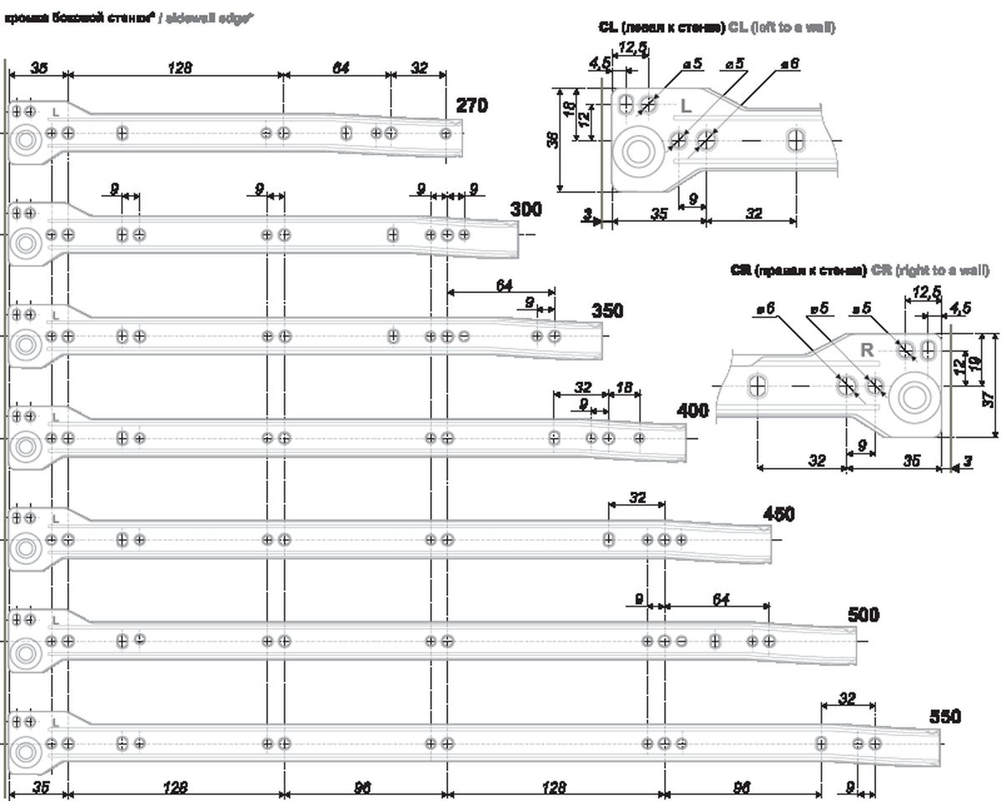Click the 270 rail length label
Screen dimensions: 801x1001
tap(472, 106)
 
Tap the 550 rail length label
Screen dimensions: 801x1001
tap(945, 717)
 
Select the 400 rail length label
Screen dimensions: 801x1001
tap(693, 411)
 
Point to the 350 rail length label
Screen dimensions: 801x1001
tap(607, 310)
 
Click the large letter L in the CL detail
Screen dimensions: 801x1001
tap(687, 107)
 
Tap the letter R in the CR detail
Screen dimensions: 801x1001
tap(868, 350)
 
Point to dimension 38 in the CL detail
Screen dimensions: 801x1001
tap(552, 139)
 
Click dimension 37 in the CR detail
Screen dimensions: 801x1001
tap(988, 399)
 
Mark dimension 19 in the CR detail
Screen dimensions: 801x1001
tap(973, 364)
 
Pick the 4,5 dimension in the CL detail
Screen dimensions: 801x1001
tap(599, 63)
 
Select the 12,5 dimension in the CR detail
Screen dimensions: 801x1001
tap(925, 292)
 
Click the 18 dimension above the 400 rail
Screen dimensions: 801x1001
tap(624, 387)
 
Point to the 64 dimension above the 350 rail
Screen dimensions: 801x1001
tap(504, 285)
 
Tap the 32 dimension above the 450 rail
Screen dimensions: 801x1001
tap(637, 497)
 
